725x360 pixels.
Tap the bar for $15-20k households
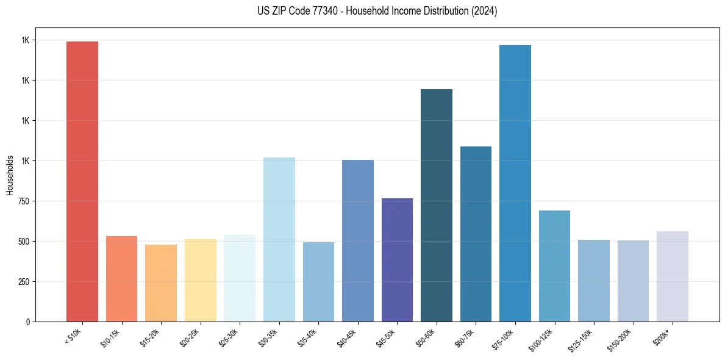161,283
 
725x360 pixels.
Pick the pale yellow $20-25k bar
200,280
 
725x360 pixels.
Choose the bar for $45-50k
397,260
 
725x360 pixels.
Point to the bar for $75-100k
515,183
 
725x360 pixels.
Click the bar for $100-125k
554,266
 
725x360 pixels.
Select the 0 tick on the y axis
26,322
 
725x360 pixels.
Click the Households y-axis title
10,175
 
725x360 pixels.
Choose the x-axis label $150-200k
621,339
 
